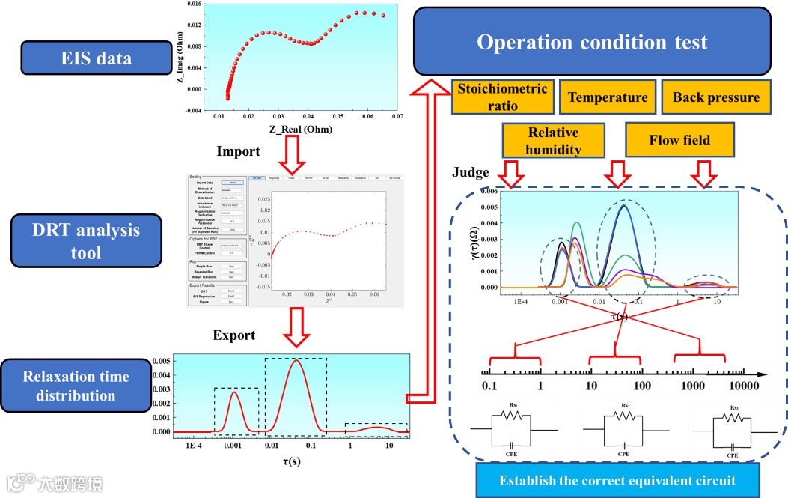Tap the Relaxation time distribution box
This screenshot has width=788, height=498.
tap(76, 385)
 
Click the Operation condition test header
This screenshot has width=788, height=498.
tap(591, 42)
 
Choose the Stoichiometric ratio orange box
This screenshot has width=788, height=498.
tap(502, 97)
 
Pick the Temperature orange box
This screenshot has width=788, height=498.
tap(608, 97)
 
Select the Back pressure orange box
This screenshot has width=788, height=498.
tap(715, 97)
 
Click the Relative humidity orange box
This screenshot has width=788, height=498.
tap(554, 141)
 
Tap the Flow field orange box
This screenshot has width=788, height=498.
tap(679, 140)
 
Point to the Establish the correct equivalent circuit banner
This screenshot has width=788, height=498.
tap(617, 480)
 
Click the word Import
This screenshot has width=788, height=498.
tap(238, 151)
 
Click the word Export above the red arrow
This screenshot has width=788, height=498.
tap(233, 335)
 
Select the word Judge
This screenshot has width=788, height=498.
tap(471, 172)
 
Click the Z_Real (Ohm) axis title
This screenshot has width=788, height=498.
tap(296, 130)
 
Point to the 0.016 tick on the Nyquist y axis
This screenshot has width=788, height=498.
tap(194, 4)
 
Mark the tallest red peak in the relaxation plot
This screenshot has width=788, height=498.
tap(296, 361)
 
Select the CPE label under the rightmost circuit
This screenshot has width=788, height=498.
tap(733, 455)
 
